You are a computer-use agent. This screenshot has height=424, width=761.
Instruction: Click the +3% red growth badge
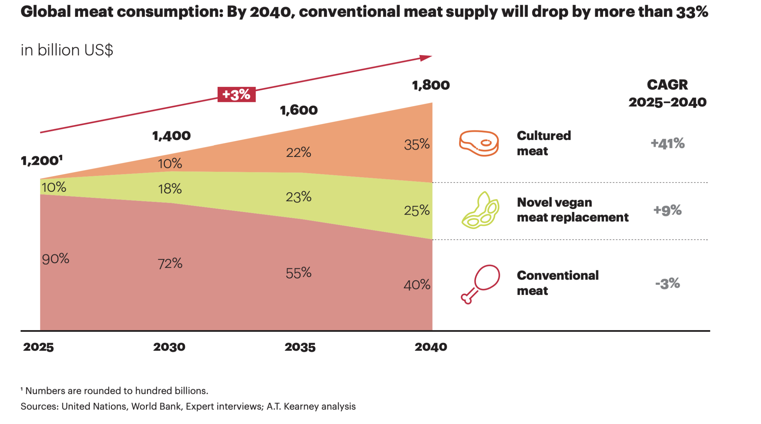236,95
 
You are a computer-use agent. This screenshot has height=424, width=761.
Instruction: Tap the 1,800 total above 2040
431,85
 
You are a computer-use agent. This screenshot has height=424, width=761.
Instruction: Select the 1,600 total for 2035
299,110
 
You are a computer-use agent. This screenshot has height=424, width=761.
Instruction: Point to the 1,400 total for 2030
171,136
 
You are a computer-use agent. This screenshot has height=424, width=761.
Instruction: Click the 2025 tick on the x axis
38,347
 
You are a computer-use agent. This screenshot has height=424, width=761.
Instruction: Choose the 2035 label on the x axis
300,347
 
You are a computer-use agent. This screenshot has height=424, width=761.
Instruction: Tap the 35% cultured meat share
417,145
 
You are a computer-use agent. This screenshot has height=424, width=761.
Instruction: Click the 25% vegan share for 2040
417,211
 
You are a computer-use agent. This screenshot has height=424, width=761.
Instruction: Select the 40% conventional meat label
417,285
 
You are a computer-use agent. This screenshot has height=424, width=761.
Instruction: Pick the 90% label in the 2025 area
55,259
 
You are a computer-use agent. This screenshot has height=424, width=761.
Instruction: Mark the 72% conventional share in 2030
170,264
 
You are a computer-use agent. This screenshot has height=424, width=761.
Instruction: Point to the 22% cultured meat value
299,153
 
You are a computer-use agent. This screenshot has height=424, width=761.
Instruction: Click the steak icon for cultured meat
479,143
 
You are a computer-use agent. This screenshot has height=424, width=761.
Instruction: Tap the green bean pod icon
480,210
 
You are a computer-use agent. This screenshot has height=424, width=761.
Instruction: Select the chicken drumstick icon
480,284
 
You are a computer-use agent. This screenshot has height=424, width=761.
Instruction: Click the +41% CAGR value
667,144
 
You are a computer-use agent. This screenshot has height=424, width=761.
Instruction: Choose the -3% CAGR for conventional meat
667,284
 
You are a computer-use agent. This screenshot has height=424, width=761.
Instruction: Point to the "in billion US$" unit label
67,50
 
